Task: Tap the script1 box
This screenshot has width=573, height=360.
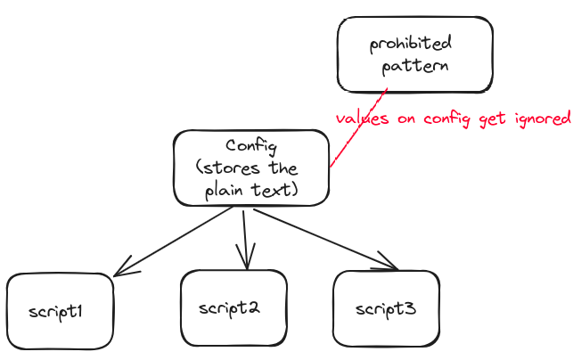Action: pyautogui.click(x=60, y=311)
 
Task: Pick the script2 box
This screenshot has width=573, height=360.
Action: pyautogui.click(x=233, y=308)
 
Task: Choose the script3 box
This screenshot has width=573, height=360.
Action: pyautogui.click(x=386, y=309)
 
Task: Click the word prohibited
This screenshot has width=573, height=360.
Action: pyautogui.click(x=411, y=44)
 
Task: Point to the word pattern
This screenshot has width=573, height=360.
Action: pyautogui.click(x=415, y=66)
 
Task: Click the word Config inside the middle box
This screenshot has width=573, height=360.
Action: pyautogui.click(x=251, y=146)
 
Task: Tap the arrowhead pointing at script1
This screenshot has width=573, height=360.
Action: pyautogui.click(x=122, y=270)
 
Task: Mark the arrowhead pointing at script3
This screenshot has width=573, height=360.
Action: pyautogui.click(x=389, y=263)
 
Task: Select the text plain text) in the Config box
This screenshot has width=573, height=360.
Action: pyautogui.click(x=250, y=191)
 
